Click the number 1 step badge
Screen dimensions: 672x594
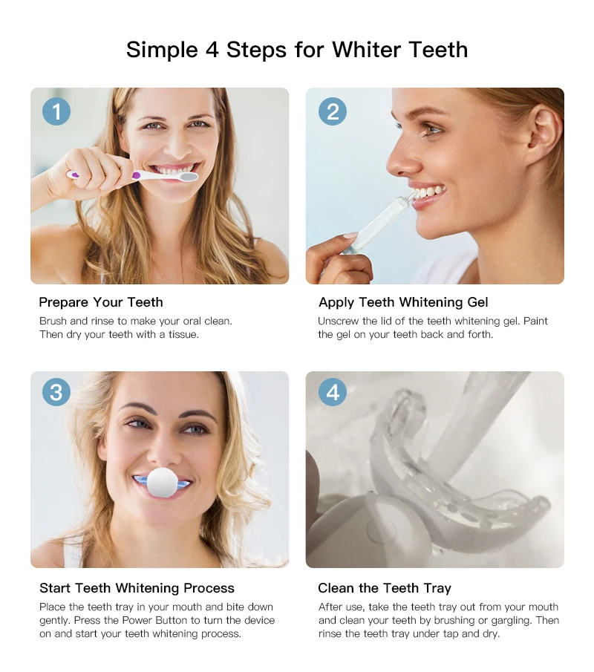56,112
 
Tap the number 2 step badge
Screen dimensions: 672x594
333,112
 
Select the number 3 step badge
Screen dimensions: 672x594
56,392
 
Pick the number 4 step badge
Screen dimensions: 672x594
333,392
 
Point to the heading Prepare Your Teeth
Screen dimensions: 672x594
101,302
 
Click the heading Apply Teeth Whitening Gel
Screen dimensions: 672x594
403,302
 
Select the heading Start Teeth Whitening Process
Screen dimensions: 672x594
137,589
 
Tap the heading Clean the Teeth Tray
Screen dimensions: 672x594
385,588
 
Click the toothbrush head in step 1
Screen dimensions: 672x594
188,177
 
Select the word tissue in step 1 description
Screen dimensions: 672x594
183,335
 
